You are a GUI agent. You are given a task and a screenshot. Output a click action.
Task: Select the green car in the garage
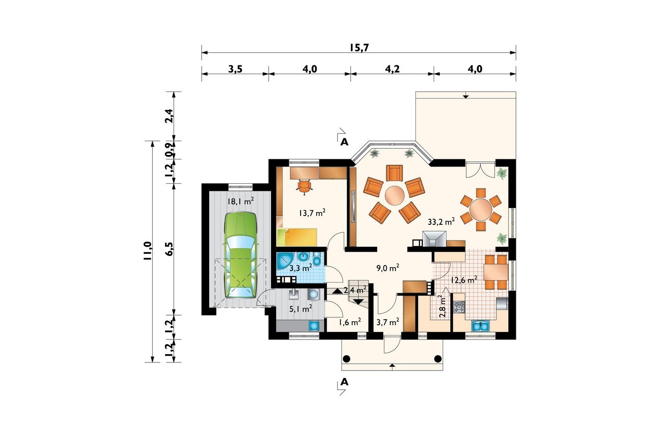[x=241, y=255]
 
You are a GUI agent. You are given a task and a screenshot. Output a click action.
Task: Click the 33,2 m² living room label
[x=441, y=222]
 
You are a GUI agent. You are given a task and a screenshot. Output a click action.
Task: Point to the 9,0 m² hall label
[x=388, y=268]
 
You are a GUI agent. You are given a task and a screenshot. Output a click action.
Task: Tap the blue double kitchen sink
[x=480, y=326]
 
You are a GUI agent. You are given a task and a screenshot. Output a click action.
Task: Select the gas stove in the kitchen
[x=459, y=307]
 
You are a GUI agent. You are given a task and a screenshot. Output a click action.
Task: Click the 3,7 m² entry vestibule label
[x=388, y=322]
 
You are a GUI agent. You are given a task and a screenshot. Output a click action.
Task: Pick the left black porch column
[x=346, y=359]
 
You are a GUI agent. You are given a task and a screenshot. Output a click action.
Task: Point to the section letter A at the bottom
[x=344, y=382]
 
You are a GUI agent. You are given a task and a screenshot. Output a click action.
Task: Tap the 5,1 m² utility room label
[x=301, y=309]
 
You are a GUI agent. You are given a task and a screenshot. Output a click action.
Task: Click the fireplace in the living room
[x=434, y=239]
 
